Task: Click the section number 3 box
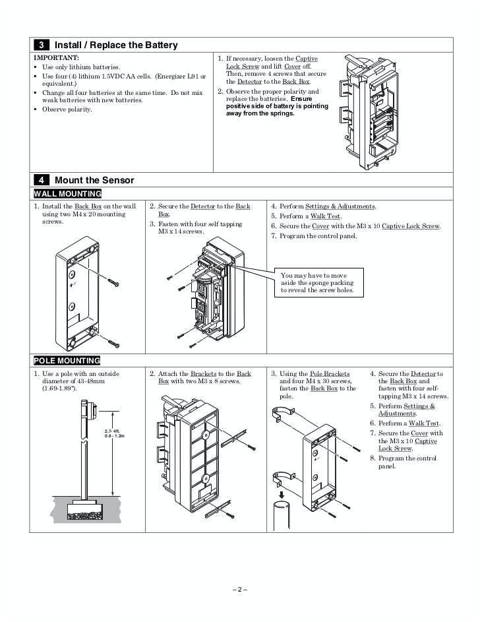coord(41,45)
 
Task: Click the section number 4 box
coord(41,180)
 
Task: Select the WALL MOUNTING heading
coord(67,194)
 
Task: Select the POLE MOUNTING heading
coord(67,361)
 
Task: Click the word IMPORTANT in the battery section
coord(56,58)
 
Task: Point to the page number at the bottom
coord(240,589)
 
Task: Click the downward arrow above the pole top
coord(281,494)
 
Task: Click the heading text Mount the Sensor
coord(94,180)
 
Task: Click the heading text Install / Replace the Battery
coord(116,45)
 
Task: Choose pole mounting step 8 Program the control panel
coord(406,462)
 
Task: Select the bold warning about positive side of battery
coord(276,106)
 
